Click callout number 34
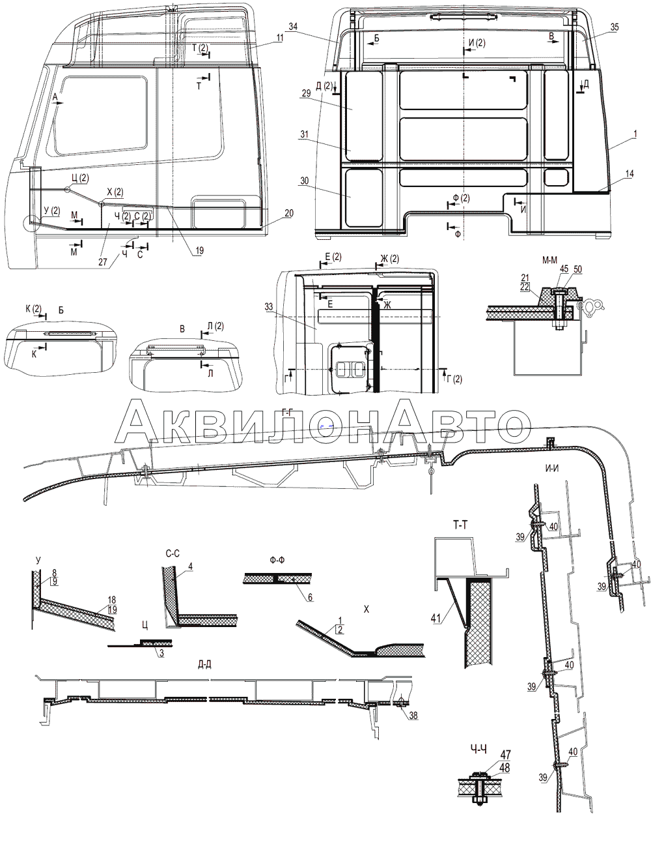[x=293, y=26]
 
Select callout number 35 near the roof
[x=615, y=27]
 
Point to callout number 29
[x=306, y=93]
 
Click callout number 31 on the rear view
[x=305, y=134]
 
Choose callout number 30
[x=304, y=181]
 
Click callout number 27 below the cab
[x=102, y=261]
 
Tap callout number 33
[x=269, y=307]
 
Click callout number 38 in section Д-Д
[x=413, y=716]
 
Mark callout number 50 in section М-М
[x=577, y=269]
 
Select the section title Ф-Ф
[x=277, y=561]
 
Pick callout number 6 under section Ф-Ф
[x=310, y=598]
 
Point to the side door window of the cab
[x=102, y=116]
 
